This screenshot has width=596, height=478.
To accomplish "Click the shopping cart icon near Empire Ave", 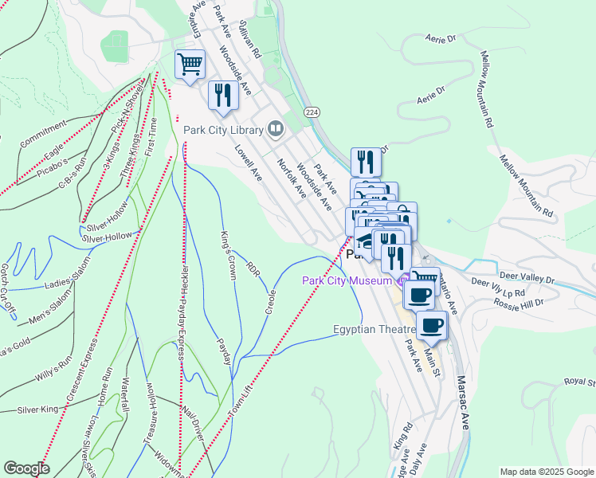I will coord(190,64).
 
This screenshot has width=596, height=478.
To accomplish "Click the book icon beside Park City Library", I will coord(275,128).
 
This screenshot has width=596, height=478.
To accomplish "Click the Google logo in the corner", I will coord(27,468).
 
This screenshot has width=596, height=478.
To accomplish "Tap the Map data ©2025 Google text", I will coord(547,472).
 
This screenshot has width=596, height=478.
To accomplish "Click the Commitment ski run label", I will coord(44,135).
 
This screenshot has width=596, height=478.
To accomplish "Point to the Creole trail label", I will coord(270,301).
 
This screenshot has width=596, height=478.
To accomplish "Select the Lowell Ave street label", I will coord(249,162).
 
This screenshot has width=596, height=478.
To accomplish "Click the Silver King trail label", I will coord(38,409).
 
